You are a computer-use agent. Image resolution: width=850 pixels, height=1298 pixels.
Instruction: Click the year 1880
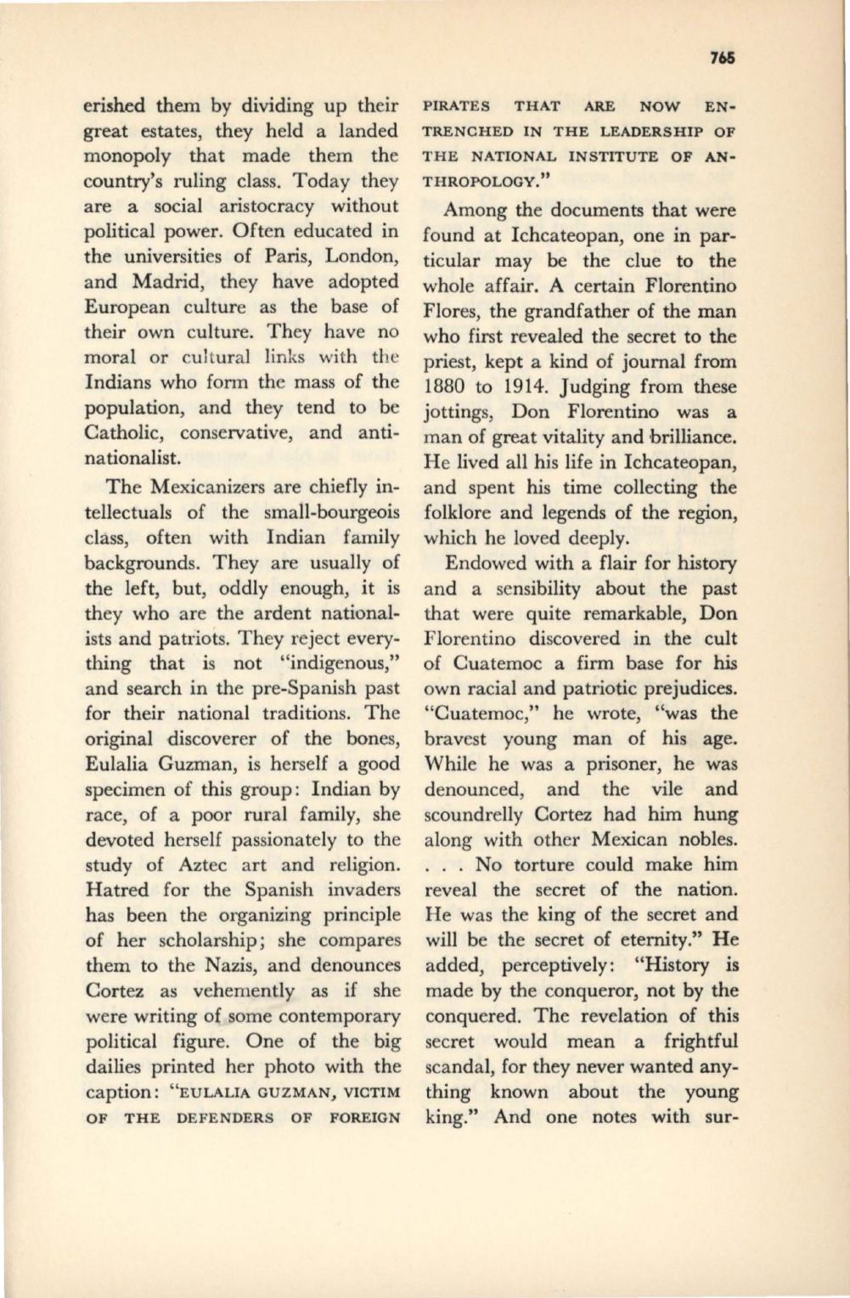pyautogui.click(x=448, y=387)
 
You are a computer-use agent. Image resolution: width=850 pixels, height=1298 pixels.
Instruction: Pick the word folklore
pyautogui.click(x=459, y=513)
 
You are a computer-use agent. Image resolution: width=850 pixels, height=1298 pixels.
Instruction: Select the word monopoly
pyautogui.click(x=127, y=156)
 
